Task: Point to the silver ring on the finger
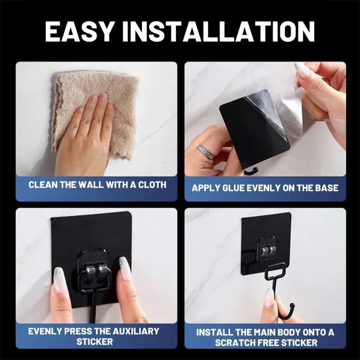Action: pos(205,151)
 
